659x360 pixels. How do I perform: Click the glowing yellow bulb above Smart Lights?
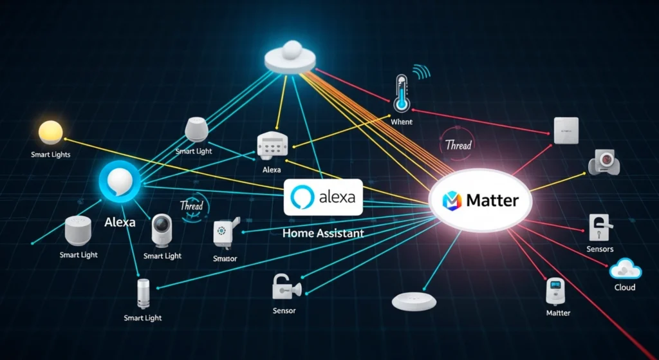[50, 132]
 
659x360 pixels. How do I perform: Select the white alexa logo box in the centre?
[324, 197]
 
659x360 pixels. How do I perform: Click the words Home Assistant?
[323, 234]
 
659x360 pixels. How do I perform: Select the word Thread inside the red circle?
[458, 145]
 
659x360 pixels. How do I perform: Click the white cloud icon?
[624, 268]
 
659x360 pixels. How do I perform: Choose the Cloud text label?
[624, 287]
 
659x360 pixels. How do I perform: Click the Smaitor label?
[225, 259]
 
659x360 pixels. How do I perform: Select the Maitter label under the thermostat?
[557, 313]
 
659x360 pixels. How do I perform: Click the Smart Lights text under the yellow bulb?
[50, 155]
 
